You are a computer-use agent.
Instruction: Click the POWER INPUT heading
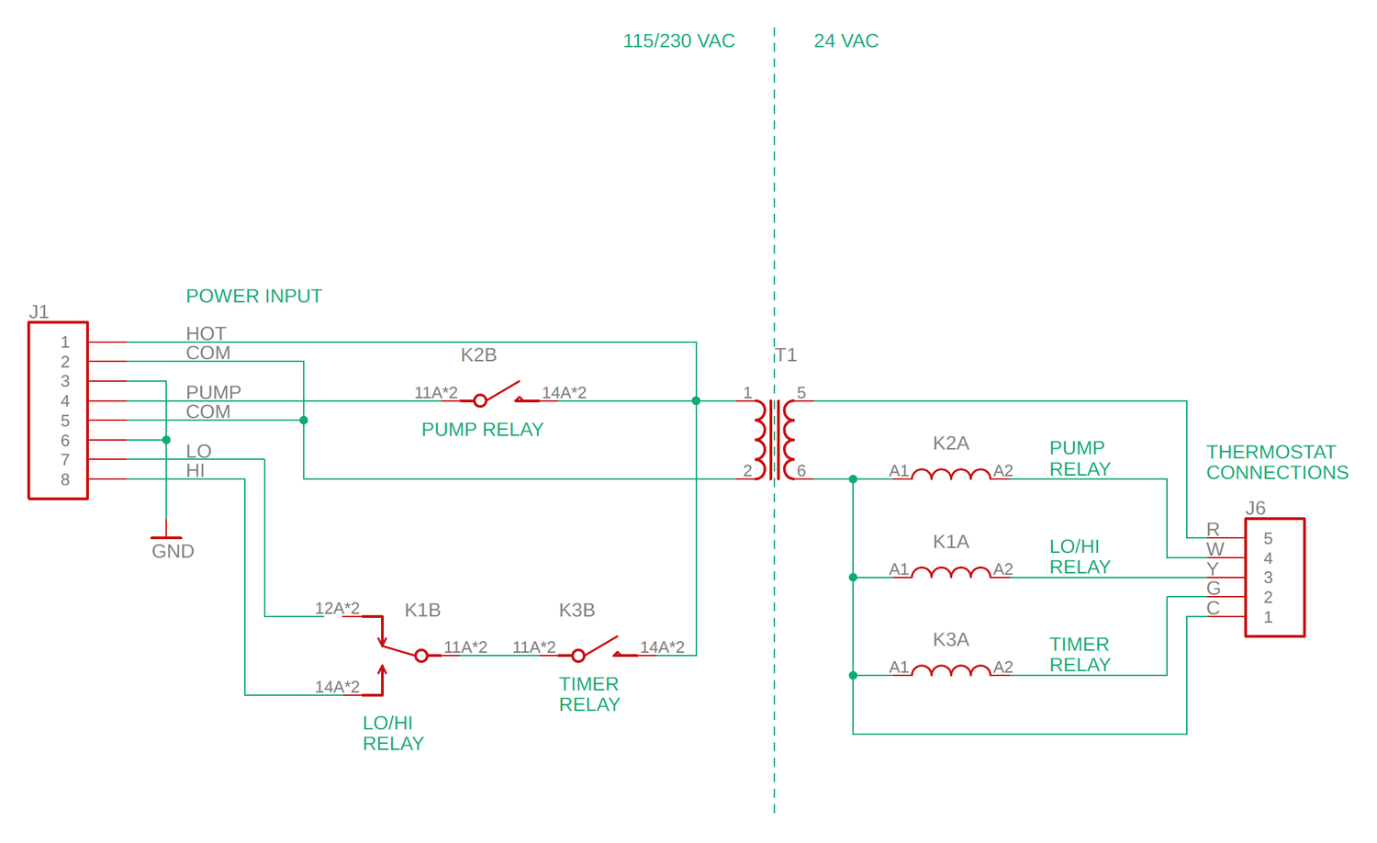pos(253,296)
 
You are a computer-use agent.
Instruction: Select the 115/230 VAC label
pos(678,40)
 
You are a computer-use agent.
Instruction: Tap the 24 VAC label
pos(845,40)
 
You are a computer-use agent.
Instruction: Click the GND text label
pos(173,551)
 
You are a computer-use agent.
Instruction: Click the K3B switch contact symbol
pos(598,650)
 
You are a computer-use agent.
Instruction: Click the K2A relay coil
pos(951,474)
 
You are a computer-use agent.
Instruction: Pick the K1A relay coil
pos(951,572)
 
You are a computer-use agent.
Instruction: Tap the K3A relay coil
pos(951,670)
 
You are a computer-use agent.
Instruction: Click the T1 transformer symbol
pos(775,439)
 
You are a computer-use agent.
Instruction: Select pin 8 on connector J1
pos(65,479)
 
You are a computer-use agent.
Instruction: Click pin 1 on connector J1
pos(65,342)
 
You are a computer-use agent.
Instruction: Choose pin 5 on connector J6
pos(1268,538)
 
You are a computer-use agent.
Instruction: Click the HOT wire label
pos(206,333)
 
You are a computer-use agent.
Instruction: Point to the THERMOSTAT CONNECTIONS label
pos(1276,462)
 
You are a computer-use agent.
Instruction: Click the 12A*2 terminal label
pos(337,608)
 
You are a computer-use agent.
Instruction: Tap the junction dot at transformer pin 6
pos(853,479)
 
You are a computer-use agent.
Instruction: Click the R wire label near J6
pos(1213,529)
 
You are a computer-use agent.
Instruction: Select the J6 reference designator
pos(1255,508)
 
